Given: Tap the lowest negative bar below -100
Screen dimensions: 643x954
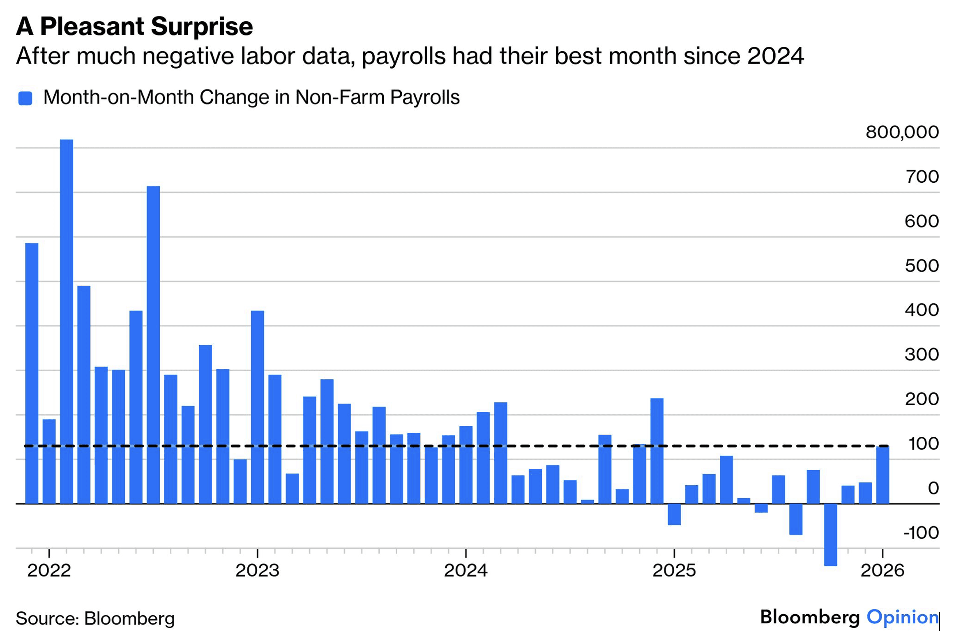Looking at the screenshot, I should pyautogui.click(x=830, y=534).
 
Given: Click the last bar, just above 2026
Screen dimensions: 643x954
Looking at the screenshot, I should pyautogui.click(x=882, y=475).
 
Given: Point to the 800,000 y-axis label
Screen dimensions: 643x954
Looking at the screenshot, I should pyautogui.click(x=902, y=132).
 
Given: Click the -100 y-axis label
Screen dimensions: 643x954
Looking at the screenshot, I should pyautogui.click(x=921, y=533).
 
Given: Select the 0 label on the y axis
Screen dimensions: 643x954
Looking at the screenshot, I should pyautogui.click(x=933, y=488).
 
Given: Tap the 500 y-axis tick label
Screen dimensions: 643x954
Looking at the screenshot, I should pyautogui.click(x=922, y=266).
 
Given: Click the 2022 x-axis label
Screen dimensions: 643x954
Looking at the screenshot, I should pyautogui.click(x=49, y=571).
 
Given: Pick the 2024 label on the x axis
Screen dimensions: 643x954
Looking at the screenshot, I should pyautogui.click(x=465, y=571).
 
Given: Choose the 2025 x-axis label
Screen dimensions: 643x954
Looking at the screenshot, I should pyautogui.click(x=674, y=571).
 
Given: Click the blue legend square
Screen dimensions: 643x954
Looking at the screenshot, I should pyautogui.click(x=25, y=99).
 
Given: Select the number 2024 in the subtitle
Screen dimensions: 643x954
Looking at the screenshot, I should pyautogui.click(x=775, y=56).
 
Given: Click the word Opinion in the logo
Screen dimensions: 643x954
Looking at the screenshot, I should pyautogui.click(x=902, y=617).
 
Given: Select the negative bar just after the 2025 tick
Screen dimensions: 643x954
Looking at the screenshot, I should pyautogui.click(x=674, y=514).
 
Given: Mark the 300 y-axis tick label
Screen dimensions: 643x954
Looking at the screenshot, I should pyautogui.click(x=922, y=355).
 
